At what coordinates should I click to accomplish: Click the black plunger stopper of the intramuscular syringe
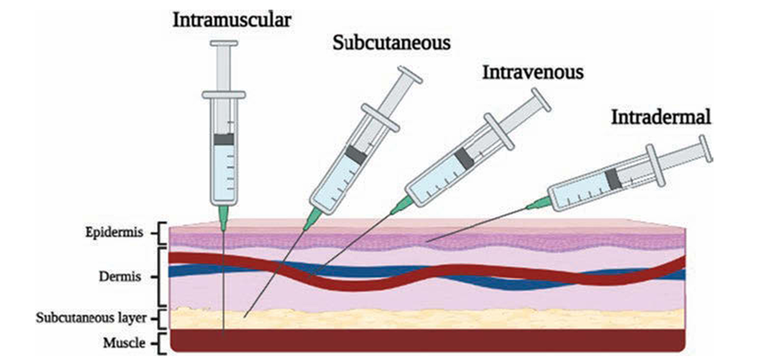(x=223, y=140)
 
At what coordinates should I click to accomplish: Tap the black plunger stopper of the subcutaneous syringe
(x=355, y=154)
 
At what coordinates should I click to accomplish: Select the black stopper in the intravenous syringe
(x=464, y=157)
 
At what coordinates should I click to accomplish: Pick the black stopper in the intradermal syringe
(x=614, y=177)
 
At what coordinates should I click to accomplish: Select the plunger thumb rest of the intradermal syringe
(x=703, y=147)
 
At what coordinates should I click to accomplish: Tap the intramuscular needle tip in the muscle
(x=224, y=331)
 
